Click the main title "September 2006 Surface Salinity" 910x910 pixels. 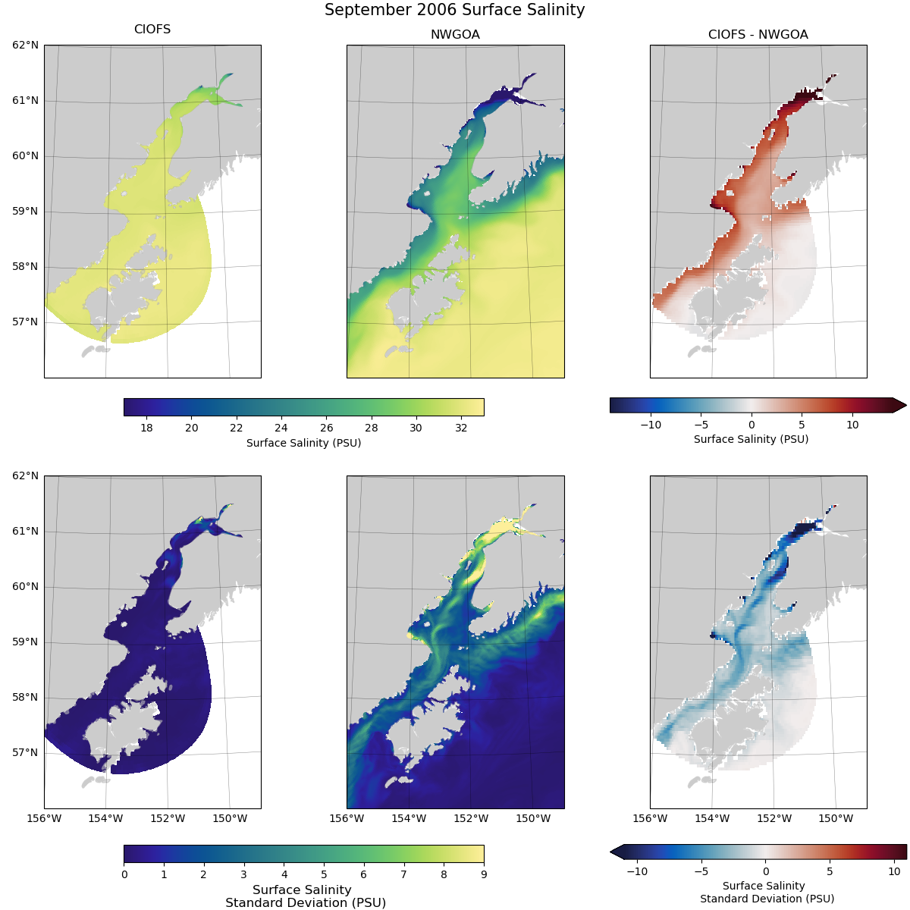(x=454, y=10)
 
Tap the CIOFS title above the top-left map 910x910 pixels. (x=152, y=30)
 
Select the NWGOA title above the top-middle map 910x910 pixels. (x=455, y=35)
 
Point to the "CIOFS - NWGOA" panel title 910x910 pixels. (x=758, y=35)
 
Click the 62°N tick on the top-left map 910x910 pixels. (x=25, y=45)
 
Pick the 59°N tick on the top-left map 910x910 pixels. (x=25, y=212)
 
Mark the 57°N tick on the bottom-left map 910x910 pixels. (x=25, y=753)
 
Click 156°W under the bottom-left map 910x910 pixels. (x=44, y=819)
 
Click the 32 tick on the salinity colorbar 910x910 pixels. (x=461, y=428)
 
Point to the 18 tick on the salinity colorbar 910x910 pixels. (x=146, y=428)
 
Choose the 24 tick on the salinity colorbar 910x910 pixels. (x=281, y=428)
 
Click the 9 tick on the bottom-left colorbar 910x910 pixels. (x=484, y=874)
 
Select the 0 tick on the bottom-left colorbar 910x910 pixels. (x=124, y=874)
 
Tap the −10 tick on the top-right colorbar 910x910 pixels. (x=651, y=425)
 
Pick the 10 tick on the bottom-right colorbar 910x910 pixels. (x=894, y=872)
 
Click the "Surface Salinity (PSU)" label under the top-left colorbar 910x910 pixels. (x=303, y=443)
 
